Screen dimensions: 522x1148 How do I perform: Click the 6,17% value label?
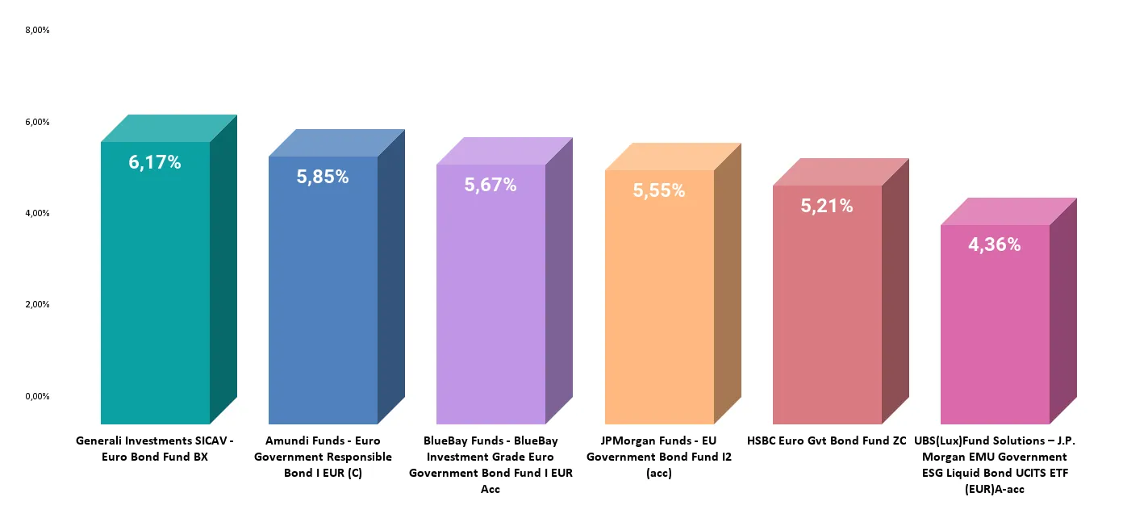(x=155, y=162)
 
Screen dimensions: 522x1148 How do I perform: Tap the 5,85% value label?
(x=323, y=177)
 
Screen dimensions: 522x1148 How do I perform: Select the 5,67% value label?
(x=491, y=185)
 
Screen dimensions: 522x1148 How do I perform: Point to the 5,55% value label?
(x=659, y=191)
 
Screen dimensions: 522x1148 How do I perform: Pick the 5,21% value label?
(x=827, y=206)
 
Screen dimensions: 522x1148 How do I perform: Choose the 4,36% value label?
(x=995, y=244)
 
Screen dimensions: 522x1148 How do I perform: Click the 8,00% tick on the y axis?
(x=37, y=31)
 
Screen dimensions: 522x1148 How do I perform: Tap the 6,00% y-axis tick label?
(x=37, y=122)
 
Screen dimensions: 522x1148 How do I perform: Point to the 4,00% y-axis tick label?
(x=37, y=213)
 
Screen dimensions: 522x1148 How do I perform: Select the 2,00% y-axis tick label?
(x=37, y=304)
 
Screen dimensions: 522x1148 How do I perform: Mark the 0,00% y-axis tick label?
(x=37, y=396)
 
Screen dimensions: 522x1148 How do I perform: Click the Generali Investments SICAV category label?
(x=154, y=449)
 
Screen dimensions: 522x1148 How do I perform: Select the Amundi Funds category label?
(x=323, y=457)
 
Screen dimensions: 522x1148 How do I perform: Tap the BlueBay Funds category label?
(x=491, y=465)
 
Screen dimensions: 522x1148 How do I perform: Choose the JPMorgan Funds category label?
(x=659, y=457)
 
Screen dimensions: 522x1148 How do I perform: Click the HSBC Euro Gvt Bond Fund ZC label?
(x=827, y=441)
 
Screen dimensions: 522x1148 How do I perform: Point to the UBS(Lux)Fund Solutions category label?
(x=995, y=465)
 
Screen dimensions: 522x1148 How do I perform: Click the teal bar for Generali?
(x=155, y=307)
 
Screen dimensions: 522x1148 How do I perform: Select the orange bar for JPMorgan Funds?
(x=659, y=323)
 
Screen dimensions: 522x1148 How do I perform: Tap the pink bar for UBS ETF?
(x=995, y=339)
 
